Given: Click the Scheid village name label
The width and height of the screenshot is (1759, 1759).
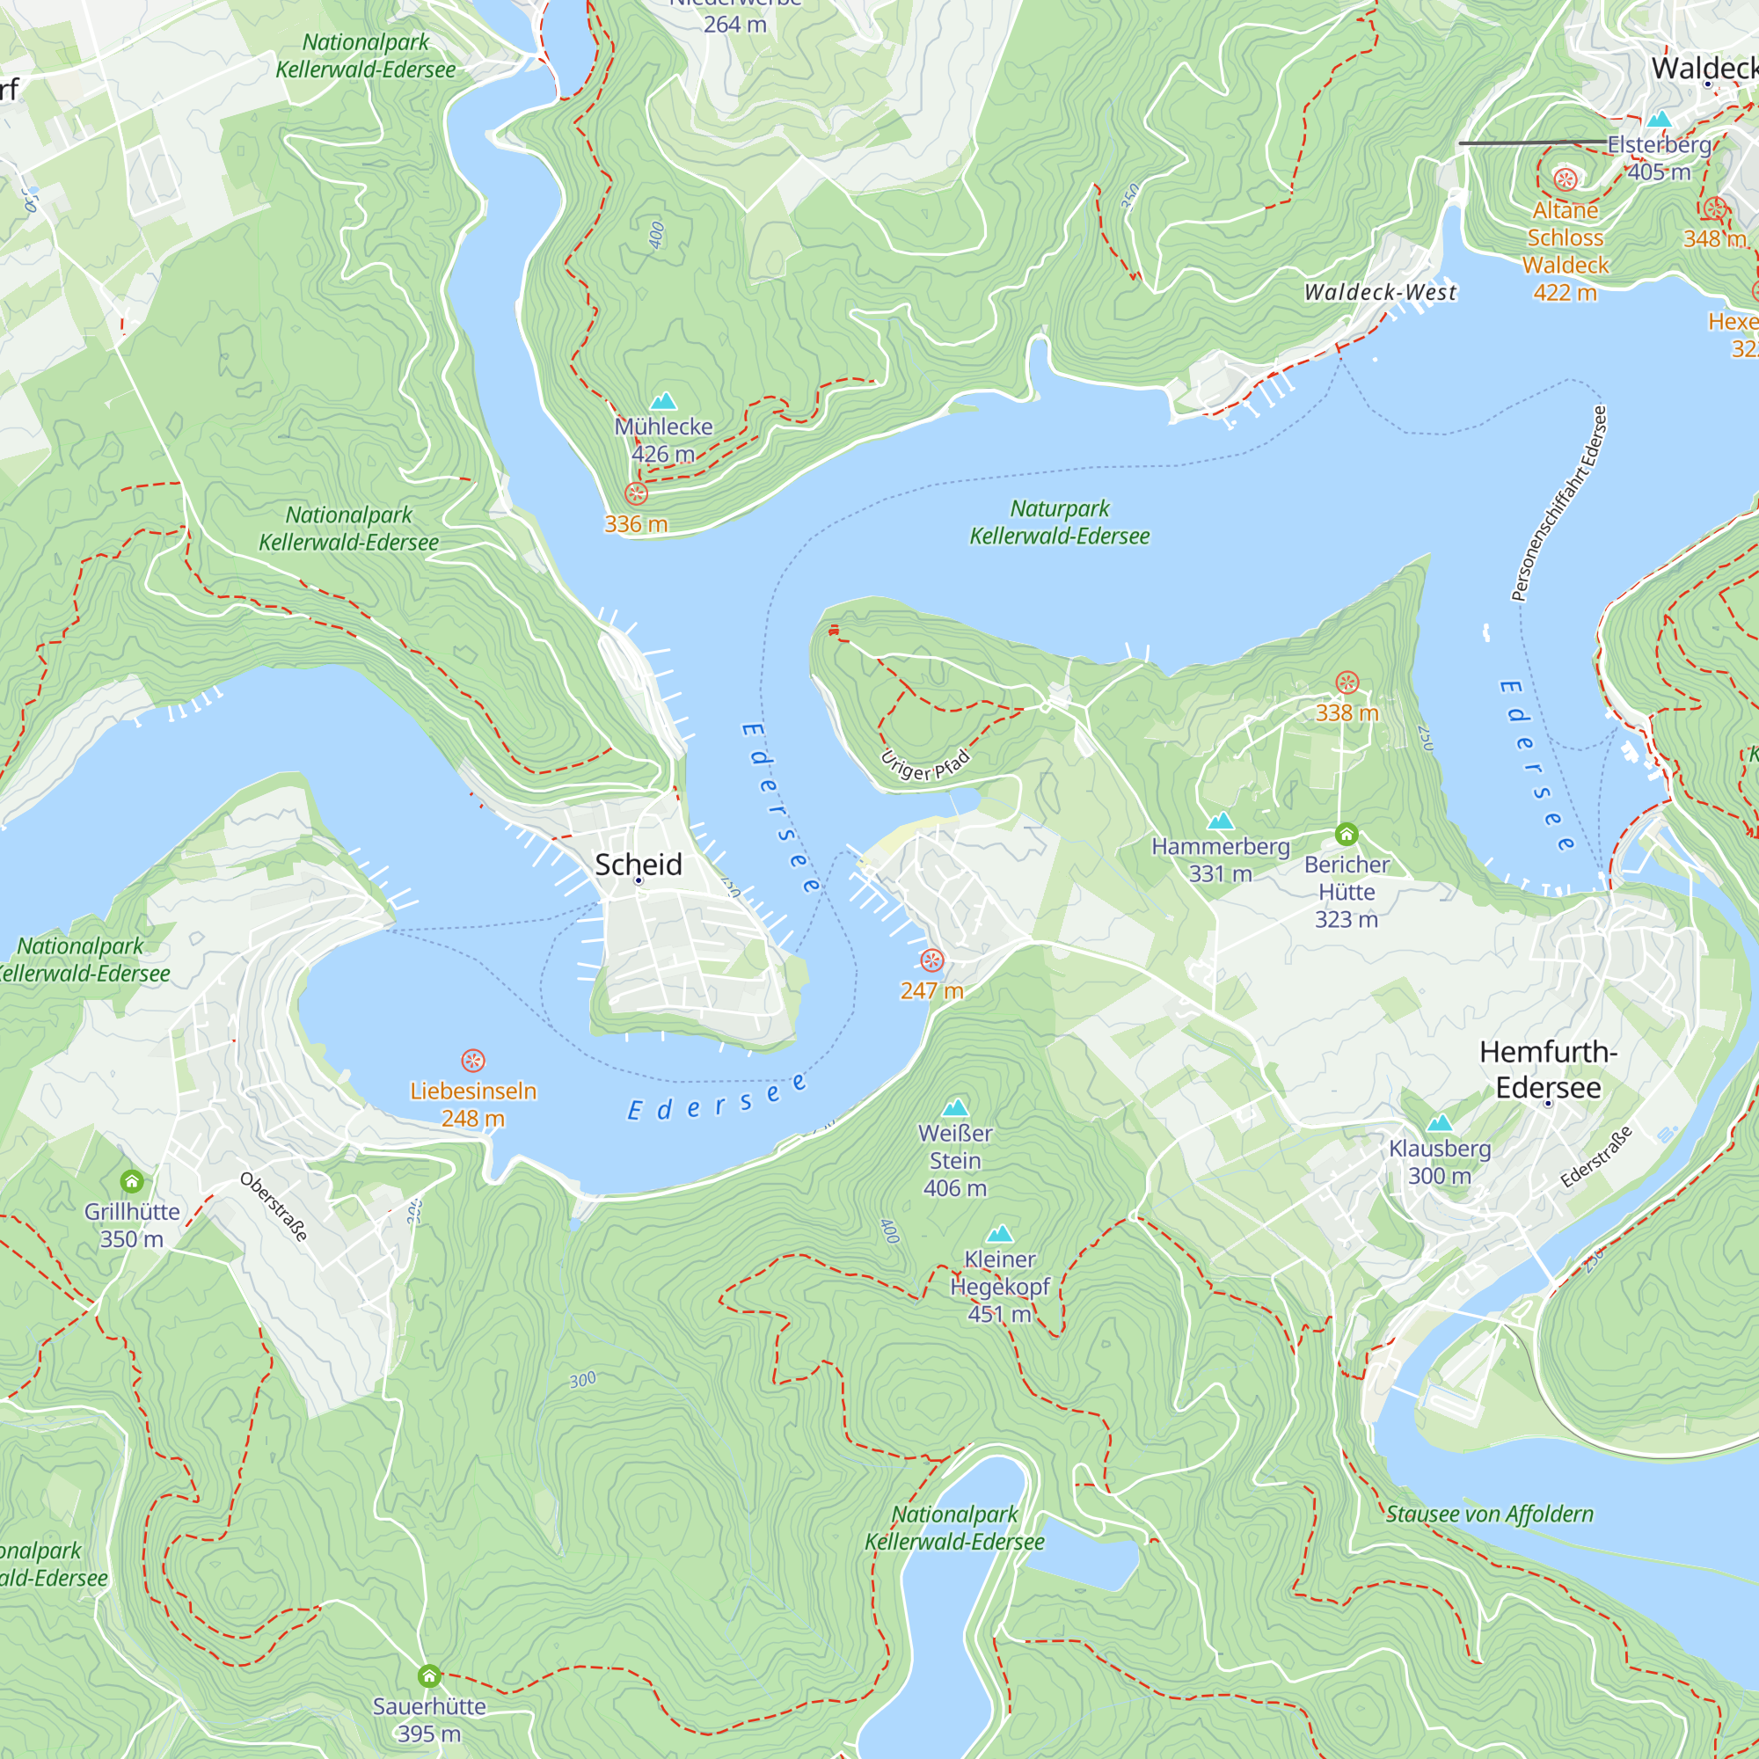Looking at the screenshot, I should coord(638,864).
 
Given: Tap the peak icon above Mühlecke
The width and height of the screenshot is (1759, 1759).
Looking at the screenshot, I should coord(664,402).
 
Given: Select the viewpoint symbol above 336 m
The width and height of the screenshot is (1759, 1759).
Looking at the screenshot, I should coord(637,493).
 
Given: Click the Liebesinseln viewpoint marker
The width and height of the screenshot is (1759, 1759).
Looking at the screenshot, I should coord(472,1061).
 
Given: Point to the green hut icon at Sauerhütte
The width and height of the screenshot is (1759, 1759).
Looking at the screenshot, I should coord(429,1675).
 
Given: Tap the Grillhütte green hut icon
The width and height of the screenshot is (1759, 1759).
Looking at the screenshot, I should coord(132,1182).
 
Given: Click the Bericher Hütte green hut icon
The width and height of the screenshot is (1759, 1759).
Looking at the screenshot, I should coord(1347,834).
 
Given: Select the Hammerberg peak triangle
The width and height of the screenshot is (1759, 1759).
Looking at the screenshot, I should coord(1220,821).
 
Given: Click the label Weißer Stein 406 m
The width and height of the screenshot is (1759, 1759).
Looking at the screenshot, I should coord(954,1160).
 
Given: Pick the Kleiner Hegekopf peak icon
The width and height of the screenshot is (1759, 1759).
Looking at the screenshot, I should coord(1000,1234).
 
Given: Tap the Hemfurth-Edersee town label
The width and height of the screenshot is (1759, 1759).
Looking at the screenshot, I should coord(1548,1069).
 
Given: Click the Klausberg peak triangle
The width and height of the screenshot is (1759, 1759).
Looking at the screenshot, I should coord(1440,1123).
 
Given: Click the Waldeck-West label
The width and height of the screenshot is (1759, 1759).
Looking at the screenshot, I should coord(1380,292).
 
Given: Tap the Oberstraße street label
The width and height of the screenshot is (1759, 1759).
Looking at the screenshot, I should coord(274,1208).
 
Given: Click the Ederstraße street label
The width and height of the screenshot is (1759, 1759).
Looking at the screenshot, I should coord(1596,1157).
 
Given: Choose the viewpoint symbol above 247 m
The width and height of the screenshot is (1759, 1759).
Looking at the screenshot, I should coord(931,960).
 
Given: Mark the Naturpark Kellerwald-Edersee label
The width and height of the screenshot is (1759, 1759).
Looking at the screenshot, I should coord(1059,522).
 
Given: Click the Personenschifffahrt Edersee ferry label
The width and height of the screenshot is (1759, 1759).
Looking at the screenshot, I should coord(1558,503).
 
